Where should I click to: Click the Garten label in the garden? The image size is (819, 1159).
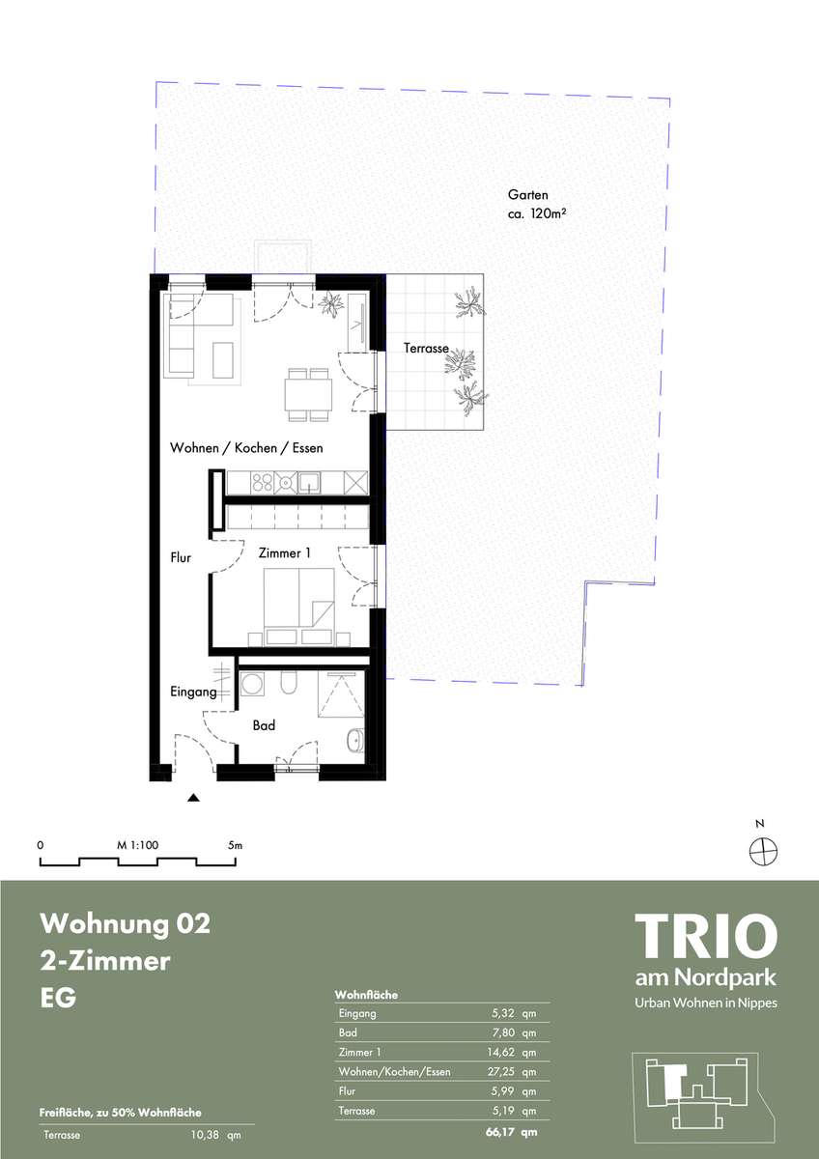pyautogui.click(x=527, y=195)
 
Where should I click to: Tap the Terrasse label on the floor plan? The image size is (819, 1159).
pyautogui.click(x=426, y=349)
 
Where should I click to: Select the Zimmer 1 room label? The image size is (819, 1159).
pyautogui.click(x=285, y=553)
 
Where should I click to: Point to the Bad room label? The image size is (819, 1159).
pyautogui.click(x=264, y=725)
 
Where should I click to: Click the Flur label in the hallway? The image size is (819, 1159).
pyautogui.click(x=181, y=558)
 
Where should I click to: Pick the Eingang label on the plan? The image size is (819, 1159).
pyautogui.click(x=193, y=692)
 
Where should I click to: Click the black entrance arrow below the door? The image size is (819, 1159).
pyautogui.click(x=193, y=798)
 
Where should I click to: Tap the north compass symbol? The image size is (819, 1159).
pyautogui.click(x=764, y=851)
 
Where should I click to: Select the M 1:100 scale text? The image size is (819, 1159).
pyautogui.click(x=137, y=845)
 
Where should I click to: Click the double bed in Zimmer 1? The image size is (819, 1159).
pyautogui.click(x=298, y=607)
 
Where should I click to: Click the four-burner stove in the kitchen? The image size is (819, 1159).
pyautogui.click(x=263, y=483)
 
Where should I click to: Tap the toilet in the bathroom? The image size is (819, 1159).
pyautogui.click(x=288, y=683)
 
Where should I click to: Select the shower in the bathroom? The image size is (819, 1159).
pyautogui.click(x=341, y=694)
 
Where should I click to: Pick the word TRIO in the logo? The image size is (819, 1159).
pyautogui.click(x=706, y=937)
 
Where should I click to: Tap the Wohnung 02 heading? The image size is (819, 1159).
pyautogui.click(x=126, y=923)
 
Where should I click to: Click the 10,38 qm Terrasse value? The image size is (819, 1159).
pyautogui.click(x=215, y=1135)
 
